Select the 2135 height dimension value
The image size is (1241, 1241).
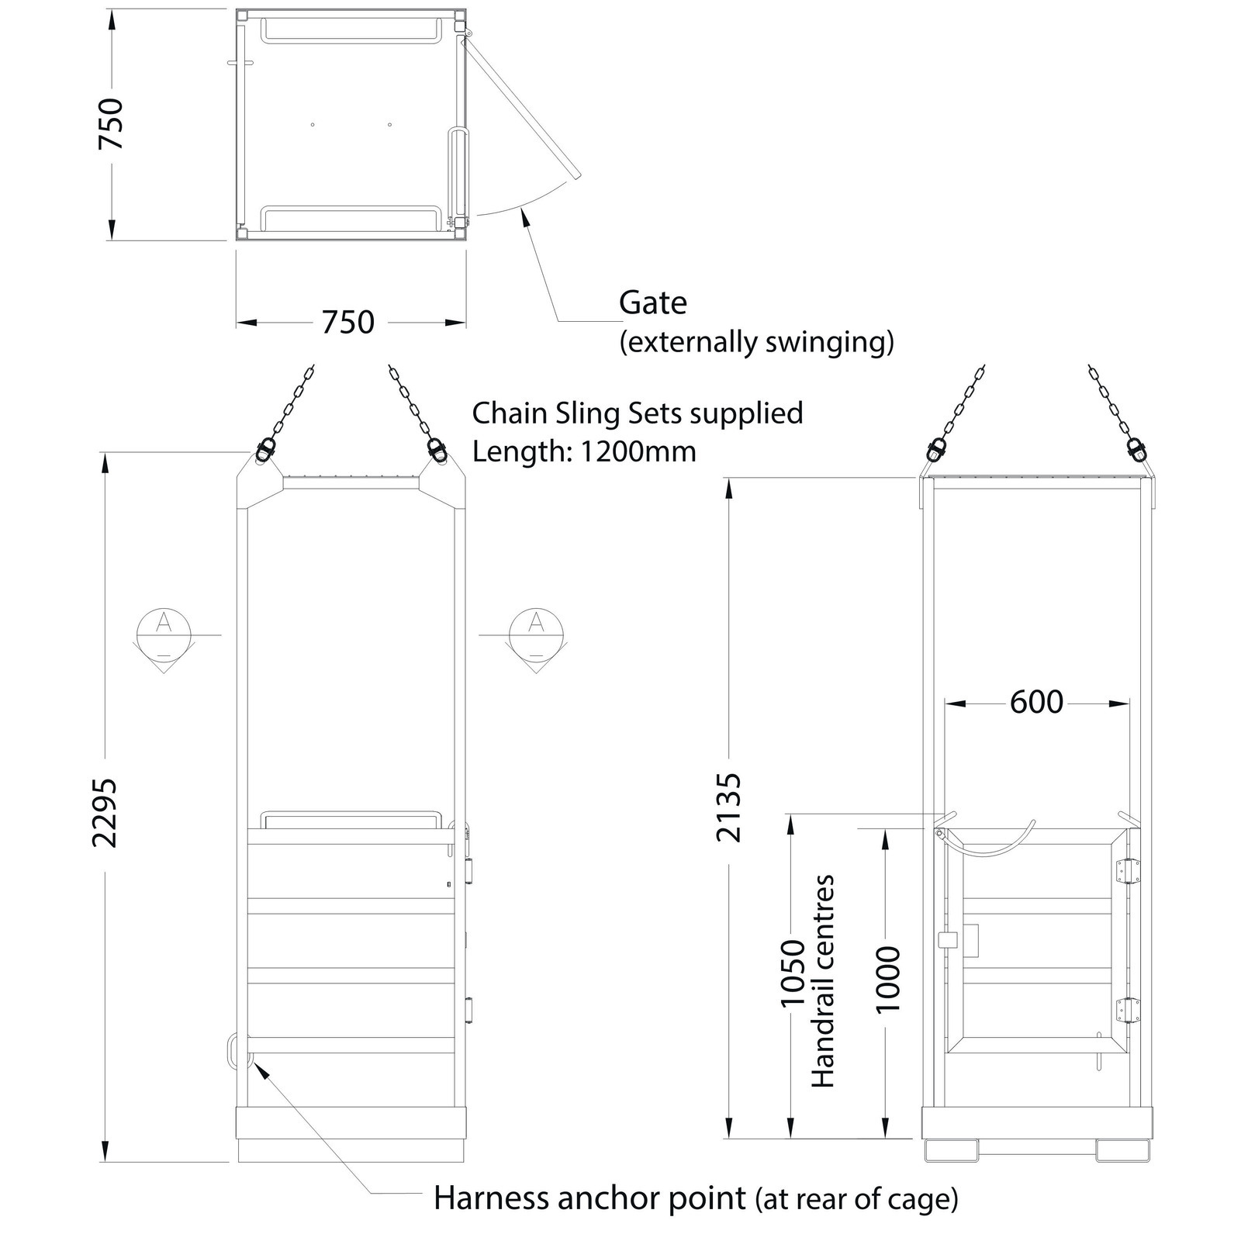(729, 807)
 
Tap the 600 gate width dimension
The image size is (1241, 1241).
(1036, 702)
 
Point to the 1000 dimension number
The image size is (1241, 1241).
(887, 980)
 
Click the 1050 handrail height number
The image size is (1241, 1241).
(793, 973)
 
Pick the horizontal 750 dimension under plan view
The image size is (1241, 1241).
(348, 322)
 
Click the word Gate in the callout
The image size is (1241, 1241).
(653, 302)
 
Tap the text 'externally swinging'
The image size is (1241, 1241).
(756, 341)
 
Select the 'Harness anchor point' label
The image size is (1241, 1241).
(589, 1198)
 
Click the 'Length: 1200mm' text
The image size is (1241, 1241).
(584, 451)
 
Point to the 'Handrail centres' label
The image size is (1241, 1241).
(823, 981)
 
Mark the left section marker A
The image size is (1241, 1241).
(163, 634)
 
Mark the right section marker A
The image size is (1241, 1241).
(536, 634)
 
